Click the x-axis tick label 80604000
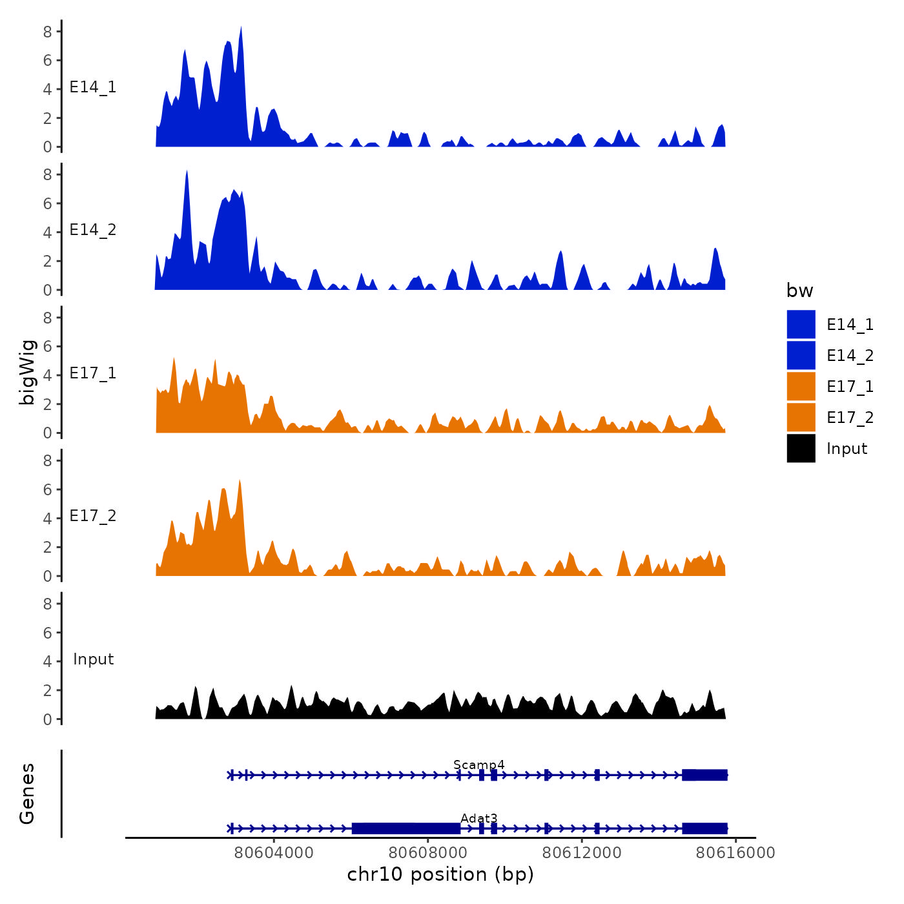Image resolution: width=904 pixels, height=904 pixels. (274, 852)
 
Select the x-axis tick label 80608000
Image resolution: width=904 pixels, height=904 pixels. (428, 852)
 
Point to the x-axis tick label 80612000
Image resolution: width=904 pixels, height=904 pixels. (582, 852)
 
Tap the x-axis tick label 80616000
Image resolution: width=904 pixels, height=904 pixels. (735, 852)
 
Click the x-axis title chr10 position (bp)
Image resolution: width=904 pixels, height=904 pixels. (440, 874)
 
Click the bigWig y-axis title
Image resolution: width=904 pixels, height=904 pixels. (27, 373)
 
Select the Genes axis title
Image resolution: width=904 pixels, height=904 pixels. (27, 794)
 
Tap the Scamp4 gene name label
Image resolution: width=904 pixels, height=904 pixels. (478, 765)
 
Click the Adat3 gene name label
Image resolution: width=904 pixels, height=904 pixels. (478, 819)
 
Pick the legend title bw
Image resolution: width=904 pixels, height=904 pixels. (799, 291)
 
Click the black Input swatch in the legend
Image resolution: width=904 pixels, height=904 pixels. (801, 448)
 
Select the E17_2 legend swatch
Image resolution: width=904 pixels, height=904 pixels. (801, 417)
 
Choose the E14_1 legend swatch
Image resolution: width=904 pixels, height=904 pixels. (801, 324)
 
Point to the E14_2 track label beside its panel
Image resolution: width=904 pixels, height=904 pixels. (93, 230)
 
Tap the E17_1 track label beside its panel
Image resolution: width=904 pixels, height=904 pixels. (93, 373)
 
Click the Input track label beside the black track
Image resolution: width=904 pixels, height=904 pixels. (93, 659)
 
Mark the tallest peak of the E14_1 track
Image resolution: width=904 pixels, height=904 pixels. (241, 28)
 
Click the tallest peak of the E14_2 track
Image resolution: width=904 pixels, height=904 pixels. (187, 172)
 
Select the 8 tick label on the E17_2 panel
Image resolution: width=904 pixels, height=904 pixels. (47, 460)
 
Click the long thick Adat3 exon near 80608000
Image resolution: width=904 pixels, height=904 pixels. (406, 828)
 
